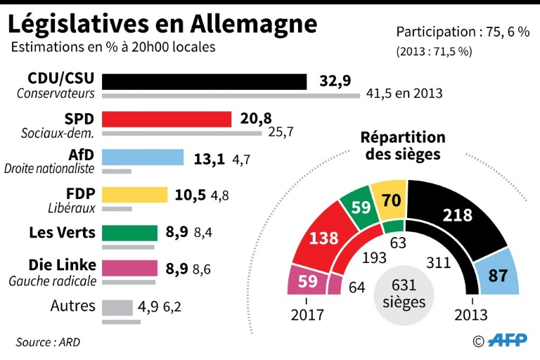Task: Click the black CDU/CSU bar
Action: pyautogui.click(x=204, y=82)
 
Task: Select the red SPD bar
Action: pyautogui.click(x=167, y=119)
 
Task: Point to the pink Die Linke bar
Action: pyautogui.click(x=129, y=268)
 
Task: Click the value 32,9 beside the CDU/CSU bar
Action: pyautogui.click(x=335, y=81)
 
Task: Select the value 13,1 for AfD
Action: pyautogui.click(x=209, y=158)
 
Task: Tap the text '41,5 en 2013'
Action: pyautogui.click(x=403, y=94)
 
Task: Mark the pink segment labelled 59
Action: pyautogui.click(x=307, y=281)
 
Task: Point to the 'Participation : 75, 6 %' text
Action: pyautogui.click(x=462, y=32)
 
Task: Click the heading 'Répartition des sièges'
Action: pyautogui.click(x=403, y=145)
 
